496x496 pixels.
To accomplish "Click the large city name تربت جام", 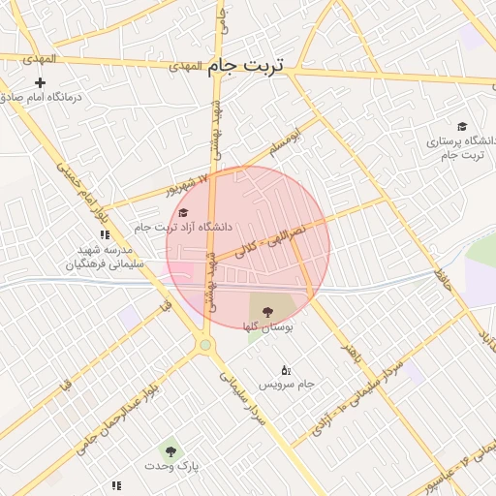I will (246, 65).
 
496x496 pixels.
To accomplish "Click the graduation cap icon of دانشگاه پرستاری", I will (462, 127).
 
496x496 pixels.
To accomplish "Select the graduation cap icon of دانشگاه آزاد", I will (182, 212).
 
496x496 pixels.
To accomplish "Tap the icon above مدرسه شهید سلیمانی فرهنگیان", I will (104, 234).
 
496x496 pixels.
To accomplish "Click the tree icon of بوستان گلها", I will (267, 311).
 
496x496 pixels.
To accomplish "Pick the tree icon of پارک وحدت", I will (170, 450).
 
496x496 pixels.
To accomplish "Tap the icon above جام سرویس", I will (286, 370).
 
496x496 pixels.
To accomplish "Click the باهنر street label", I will (352, 352).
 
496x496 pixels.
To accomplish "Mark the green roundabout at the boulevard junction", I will (204, 344).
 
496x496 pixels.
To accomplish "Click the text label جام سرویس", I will (287, 386).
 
